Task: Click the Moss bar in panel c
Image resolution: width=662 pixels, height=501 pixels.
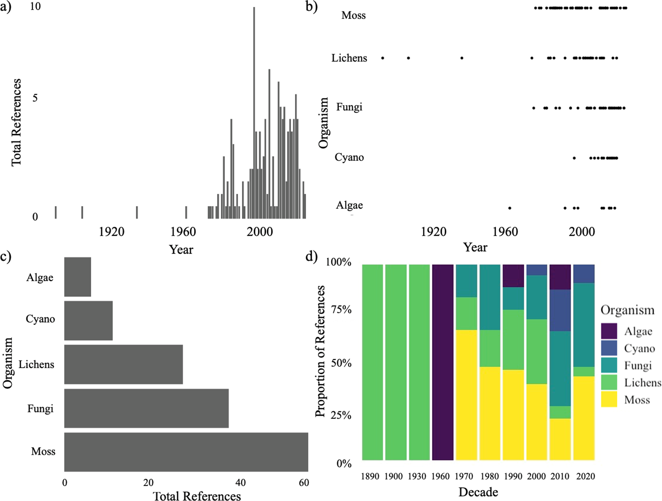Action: [x=186, y=452]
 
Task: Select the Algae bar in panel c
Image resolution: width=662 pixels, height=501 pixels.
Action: [x=77, y=277]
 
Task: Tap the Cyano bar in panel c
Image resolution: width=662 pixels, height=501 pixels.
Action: [x=88, y=321]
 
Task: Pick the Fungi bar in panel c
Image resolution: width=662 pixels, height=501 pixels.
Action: [x=146, y=408]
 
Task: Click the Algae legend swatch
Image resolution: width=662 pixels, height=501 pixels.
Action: [x=609, y=331]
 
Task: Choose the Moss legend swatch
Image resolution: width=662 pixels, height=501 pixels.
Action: [x=609, y=399]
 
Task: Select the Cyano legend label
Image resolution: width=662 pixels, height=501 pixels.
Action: [x=639, y=349]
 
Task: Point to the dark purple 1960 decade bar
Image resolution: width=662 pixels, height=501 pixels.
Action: [x=443, y=362]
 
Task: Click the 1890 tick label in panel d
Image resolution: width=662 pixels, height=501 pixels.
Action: [x=370, y=476]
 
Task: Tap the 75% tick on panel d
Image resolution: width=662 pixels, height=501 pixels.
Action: [x=341, y=310]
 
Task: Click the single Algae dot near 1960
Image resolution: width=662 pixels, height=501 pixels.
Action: [x=510, y=208]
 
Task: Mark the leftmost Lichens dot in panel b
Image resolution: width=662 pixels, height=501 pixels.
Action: [x=383, y=58]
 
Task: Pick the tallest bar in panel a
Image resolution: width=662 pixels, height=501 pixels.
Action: [x=254, y=113]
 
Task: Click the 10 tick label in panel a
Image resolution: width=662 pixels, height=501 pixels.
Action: [x=35, y=7]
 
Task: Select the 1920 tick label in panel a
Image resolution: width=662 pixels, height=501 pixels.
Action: [x=112, y=232]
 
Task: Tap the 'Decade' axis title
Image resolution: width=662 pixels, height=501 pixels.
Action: [x=478, y=492]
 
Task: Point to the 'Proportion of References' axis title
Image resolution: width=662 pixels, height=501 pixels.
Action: [x=320, y=351]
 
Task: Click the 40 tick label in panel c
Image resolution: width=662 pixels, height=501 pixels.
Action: [x=240, y=483]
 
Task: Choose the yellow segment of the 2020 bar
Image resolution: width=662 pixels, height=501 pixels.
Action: [x=584, y=418]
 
